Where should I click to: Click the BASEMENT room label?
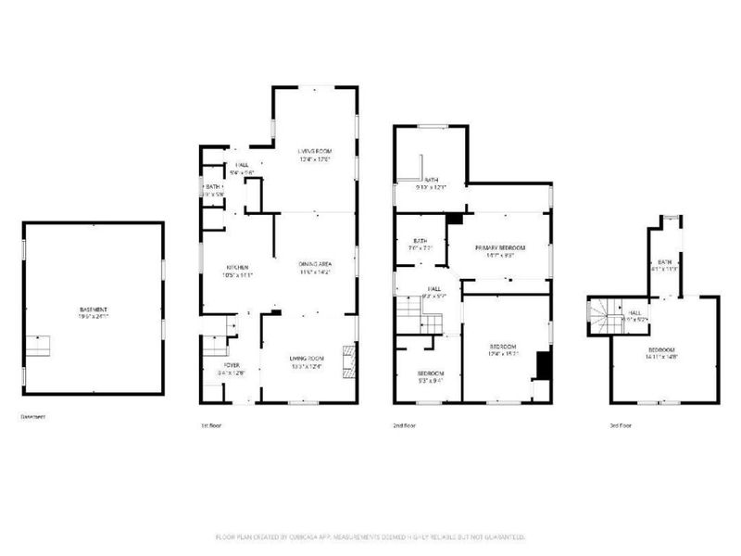(x=93, y=309)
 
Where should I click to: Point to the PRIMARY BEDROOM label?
(x=500, y=247)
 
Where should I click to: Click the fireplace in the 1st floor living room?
(x=348, y=358)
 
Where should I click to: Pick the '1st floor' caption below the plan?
(x=211, y=425)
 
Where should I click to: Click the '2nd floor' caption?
(x=405, y=425)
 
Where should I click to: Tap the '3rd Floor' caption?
(x=621, y=425)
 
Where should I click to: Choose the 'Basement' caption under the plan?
(x=33, y=417)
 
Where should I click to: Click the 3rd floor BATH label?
(x=664, y=262)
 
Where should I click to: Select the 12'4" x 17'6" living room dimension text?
(x=315, y=159)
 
